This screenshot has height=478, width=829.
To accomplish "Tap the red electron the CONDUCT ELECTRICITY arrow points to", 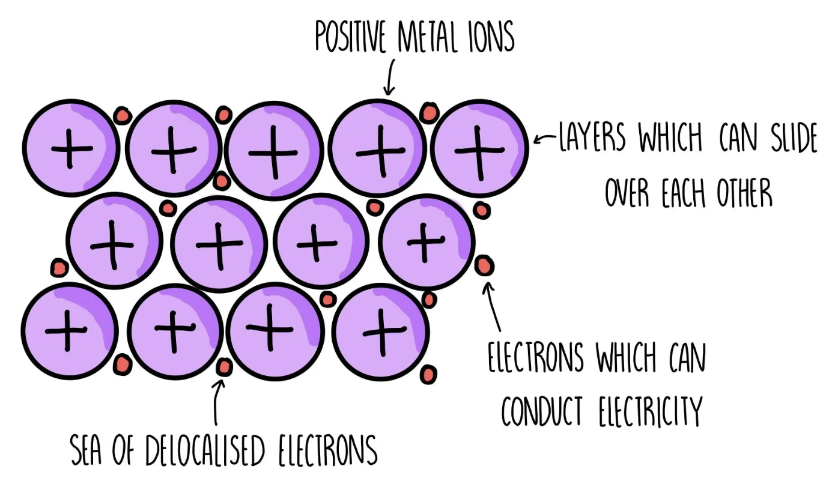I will coord(484,265).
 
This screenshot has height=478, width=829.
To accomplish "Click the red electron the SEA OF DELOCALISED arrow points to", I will coord(224,367).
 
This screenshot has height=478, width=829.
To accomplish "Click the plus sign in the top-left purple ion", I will coord(71,148).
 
